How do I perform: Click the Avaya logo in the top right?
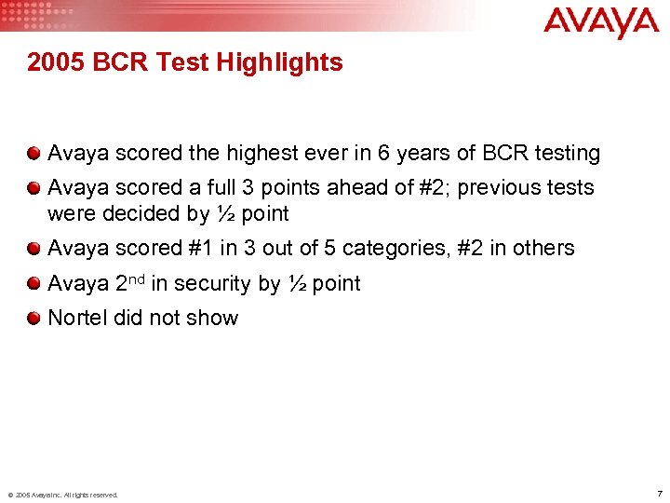(x=601, y=21)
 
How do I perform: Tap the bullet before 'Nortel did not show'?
(x=34, y=318)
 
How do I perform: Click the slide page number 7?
(x=659, y=493)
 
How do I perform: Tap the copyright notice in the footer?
(x=62, y=495)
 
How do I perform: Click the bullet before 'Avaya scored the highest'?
(x=34, y=153)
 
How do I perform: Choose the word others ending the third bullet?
(x=545, y=249)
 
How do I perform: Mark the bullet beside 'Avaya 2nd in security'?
(x=34, y=283)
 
